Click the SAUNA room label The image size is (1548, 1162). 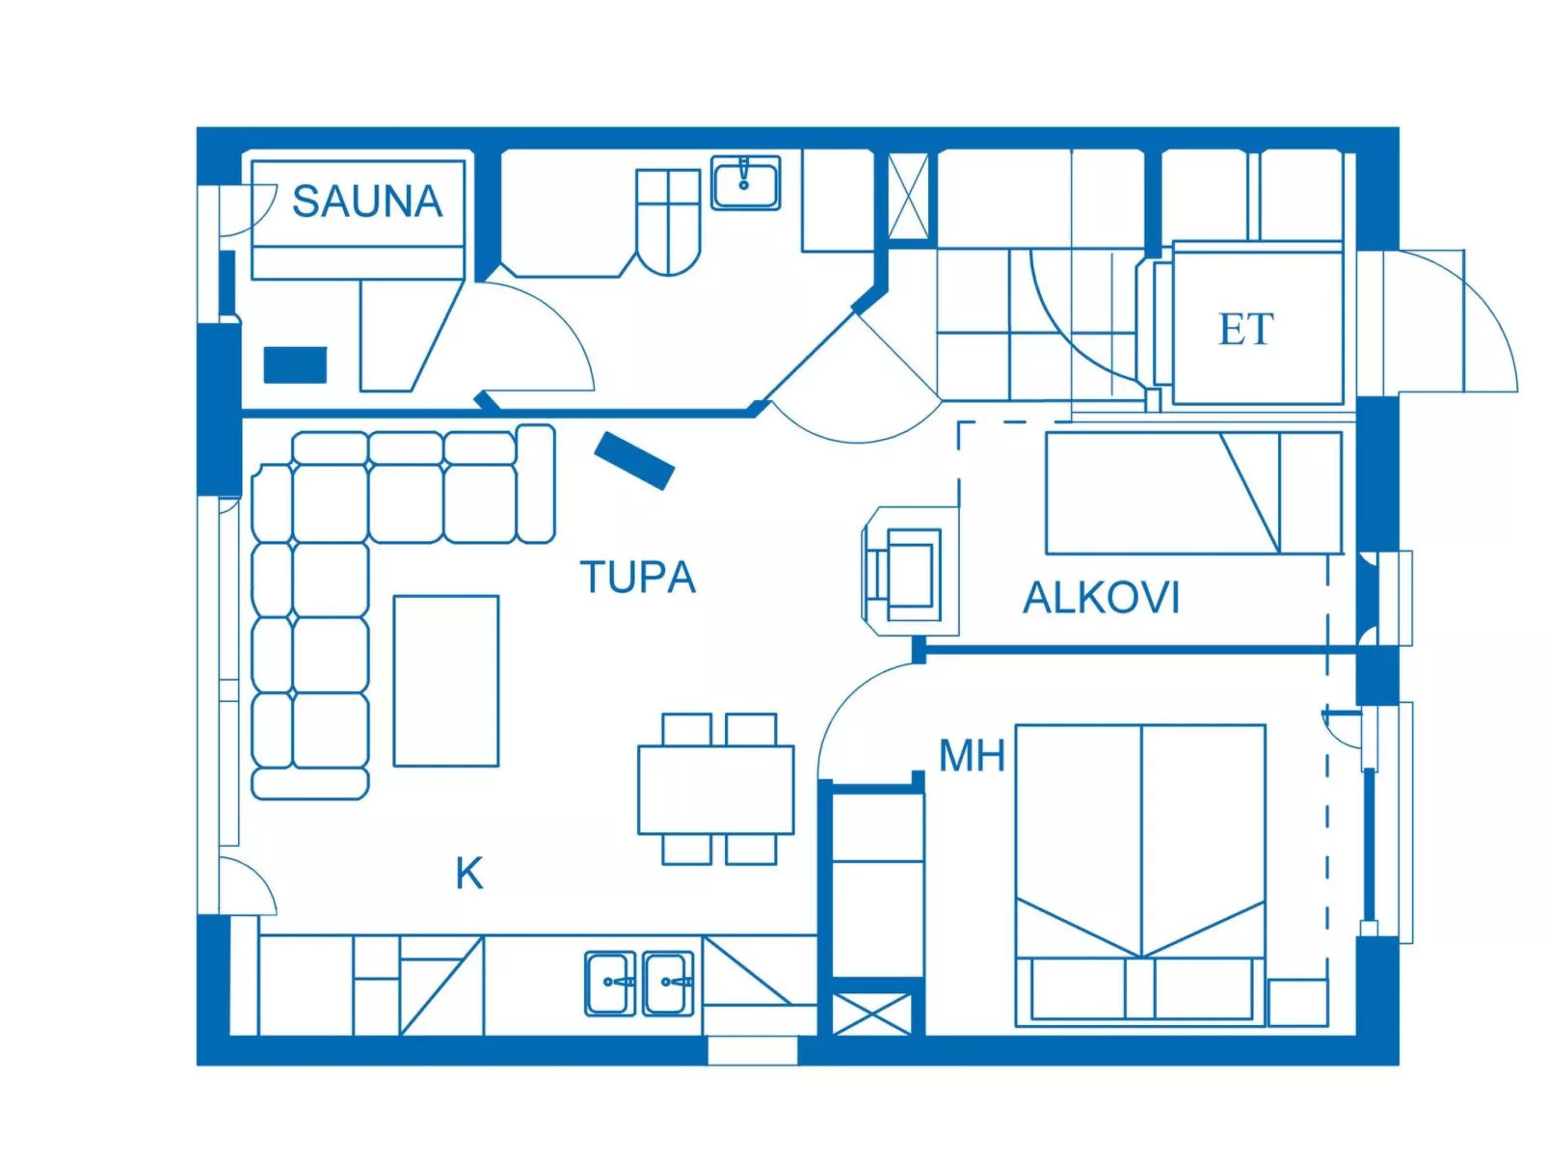tap(366, 202)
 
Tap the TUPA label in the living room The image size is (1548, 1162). tap(637, 578)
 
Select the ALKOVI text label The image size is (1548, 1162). tap(1101, 598)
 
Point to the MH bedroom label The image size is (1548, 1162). tap(972, 756)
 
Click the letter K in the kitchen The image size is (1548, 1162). tap(468, 874)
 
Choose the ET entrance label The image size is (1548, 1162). tap(1245, 330)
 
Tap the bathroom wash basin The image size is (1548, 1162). tap(745, 182)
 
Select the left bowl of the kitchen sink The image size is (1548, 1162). tap(610, 983)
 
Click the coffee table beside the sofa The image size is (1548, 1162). tap(445, 681)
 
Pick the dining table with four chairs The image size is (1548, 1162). tap(715, 789)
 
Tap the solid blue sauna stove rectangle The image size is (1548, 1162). tap(295, 365)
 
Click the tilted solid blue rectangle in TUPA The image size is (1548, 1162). tap(634, 461)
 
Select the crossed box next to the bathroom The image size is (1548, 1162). tap(908, 196)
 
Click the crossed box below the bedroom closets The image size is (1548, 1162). tap(870, 1013)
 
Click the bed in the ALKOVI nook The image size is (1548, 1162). tap(1193, 493)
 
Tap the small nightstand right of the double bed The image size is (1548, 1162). tap(1297, 1002)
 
